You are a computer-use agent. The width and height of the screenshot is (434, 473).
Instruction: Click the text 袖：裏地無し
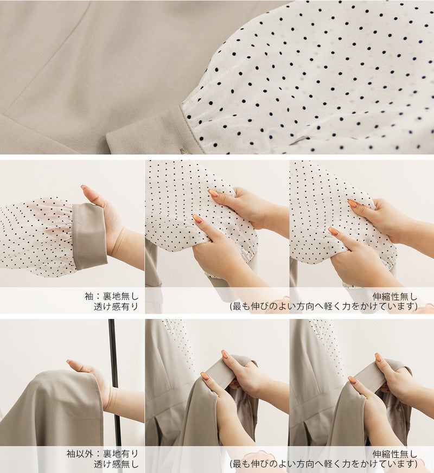click(111, 296)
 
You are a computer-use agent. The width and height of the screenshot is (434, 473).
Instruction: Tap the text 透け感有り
click(116, 306)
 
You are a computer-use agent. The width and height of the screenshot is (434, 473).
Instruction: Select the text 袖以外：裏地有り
click(102, 453)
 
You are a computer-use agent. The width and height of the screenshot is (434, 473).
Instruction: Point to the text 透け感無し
click(116, 464)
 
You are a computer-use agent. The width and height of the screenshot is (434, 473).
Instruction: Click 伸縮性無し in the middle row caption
click(395, 296)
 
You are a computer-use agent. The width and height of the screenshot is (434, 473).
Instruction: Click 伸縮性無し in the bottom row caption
click(395, 453)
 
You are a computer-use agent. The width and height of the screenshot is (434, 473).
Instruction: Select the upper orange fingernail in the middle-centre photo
click(213, 193)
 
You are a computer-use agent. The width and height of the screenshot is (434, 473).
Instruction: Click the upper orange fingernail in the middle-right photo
click(353, 203)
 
